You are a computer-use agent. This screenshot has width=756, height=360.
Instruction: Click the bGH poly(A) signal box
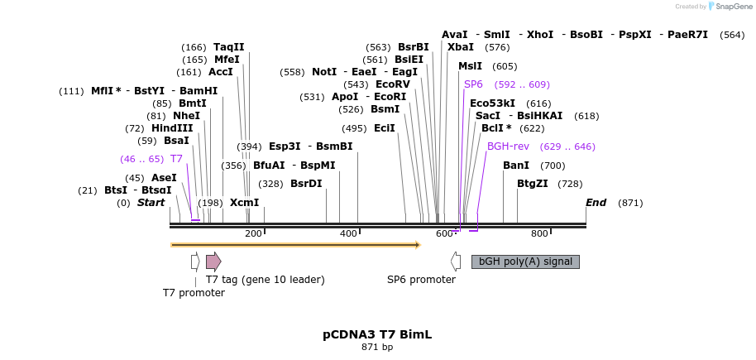525,262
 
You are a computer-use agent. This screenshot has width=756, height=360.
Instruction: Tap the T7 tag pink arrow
213,262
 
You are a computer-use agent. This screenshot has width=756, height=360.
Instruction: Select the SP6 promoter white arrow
456,262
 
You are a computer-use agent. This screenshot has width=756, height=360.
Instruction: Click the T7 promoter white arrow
195,262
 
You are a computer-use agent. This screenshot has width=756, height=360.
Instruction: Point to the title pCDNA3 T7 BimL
377,334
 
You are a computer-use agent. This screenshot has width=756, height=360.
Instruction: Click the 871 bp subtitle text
377,347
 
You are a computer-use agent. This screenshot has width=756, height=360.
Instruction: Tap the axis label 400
348,233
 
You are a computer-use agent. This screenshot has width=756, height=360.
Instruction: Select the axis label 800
539,233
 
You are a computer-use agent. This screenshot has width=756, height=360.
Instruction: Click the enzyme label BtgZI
533,184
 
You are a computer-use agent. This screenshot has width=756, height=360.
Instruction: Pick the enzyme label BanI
516,166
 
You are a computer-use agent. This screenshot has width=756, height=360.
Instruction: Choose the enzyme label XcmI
245,203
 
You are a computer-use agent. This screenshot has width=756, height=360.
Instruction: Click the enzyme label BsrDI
306,184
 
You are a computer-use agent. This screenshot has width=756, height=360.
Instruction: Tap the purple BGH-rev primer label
508,146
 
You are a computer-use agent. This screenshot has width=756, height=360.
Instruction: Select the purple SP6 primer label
473,84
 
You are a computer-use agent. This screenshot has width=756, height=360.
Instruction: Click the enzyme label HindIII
172,128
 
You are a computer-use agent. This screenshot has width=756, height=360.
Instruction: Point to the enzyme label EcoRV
393,84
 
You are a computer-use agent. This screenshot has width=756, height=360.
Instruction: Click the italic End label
596,203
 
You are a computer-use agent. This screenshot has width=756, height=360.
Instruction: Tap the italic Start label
151,203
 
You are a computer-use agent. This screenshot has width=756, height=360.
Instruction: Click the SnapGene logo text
728,7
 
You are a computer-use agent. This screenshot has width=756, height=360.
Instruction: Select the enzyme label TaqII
229,47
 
